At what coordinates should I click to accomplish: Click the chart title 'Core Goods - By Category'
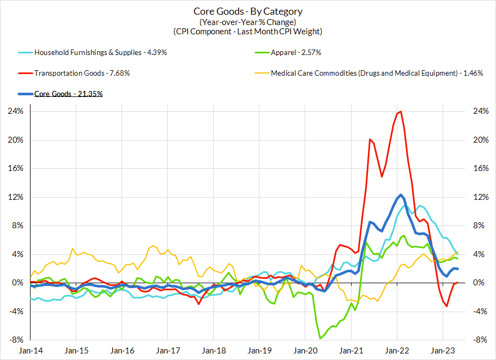click(x=248, y=11)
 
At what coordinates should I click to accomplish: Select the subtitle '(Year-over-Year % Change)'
click(x=248, y=22)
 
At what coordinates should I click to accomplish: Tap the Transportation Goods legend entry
click(x=82, y=73)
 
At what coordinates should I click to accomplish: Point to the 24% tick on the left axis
click(x=15, y=111)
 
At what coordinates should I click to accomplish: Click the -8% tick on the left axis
click(x=15, y=340)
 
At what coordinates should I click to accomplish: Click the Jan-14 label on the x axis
click(x=31, y=351)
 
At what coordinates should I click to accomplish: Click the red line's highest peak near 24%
click(x=401, y=112)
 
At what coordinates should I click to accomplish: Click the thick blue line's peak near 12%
click(x=401, y=194)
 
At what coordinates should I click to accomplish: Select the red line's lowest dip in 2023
click(x=447, y=307)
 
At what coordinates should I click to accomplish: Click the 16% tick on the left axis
click(x=15, y=168)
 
